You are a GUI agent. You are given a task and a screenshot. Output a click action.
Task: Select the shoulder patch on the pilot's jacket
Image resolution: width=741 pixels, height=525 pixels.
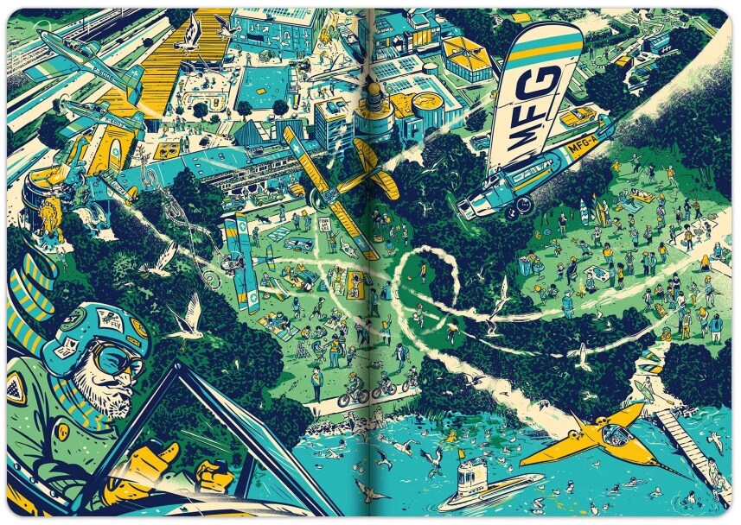pos(16,388)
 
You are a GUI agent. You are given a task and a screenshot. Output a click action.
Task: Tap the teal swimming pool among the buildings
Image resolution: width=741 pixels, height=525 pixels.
pos(260,86)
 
